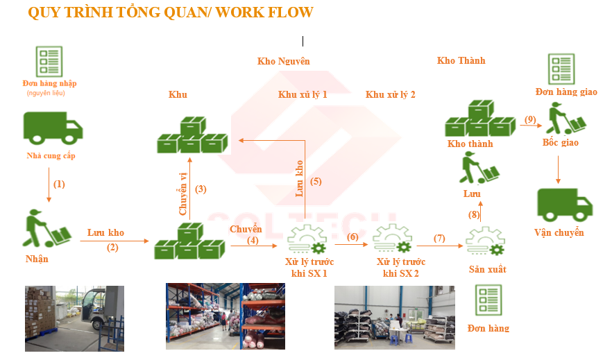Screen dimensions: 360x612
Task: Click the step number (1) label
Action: [59, 184]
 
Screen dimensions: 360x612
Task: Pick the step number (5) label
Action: [316, 182]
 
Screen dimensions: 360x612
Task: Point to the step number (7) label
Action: [439, 238]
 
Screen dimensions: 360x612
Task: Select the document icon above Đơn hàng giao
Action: [561, 68]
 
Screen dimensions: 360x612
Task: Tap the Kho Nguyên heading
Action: [283, 61]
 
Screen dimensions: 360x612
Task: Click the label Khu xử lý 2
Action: [391, 94]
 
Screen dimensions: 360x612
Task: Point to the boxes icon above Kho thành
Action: [479, 119]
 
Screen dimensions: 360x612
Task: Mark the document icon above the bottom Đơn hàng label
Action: [488, 300]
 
